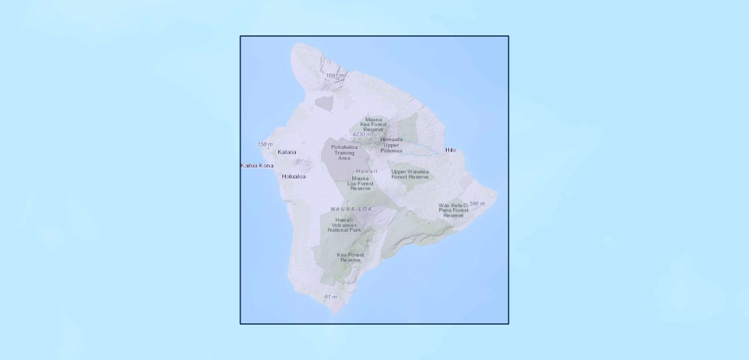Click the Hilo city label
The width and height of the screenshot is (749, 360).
(450, 150)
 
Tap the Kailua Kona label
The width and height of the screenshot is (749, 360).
(257, 166)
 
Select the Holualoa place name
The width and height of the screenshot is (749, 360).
(293, 176)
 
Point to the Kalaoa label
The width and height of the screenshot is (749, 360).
(286, 152)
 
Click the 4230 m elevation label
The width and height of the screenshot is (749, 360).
(361, 134)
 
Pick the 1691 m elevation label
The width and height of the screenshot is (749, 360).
(335, 76)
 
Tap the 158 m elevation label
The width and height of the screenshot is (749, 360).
(265, 145)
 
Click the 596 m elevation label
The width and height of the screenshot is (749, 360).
(477, 204)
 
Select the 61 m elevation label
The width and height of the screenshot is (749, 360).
(330, 297)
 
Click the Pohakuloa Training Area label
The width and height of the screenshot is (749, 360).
(344, 152)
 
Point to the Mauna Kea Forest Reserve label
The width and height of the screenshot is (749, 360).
(373, 124)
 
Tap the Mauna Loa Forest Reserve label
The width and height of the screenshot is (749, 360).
(360, 183)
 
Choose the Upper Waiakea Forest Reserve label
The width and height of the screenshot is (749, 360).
(410, 174)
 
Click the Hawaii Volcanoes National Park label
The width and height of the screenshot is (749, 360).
(344, 225)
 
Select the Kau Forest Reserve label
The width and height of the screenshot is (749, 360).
(350, 257)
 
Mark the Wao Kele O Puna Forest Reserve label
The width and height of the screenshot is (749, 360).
(453, 210)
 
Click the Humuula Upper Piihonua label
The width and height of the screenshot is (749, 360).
(391, 145)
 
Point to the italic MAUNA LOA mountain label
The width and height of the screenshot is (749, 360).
(351, 209)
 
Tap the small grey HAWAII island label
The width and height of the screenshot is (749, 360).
(366, 171)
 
